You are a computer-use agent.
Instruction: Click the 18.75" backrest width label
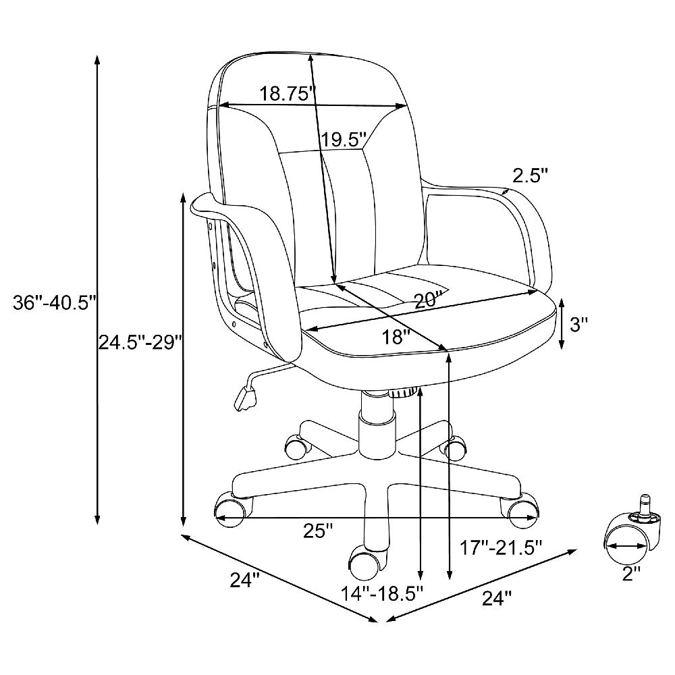pyautogui.click(x=288, y=93)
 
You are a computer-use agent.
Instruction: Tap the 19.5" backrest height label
pyautogui.click(x=343, y=140)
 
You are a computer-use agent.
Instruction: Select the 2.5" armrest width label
pyautogui.click(x=530, y=175)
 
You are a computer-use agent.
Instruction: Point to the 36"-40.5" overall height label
pyautogui.click(x=54, y=302)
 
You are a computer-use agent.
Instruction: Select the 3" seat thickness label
pyautogui.click(x=578, y=324)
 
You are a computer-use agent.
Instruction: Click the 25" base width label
pyautogui.click(x=318, y=531)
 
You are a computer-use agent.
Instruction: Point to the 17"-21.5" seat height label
pyautogui.click(x=500, y=548)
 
